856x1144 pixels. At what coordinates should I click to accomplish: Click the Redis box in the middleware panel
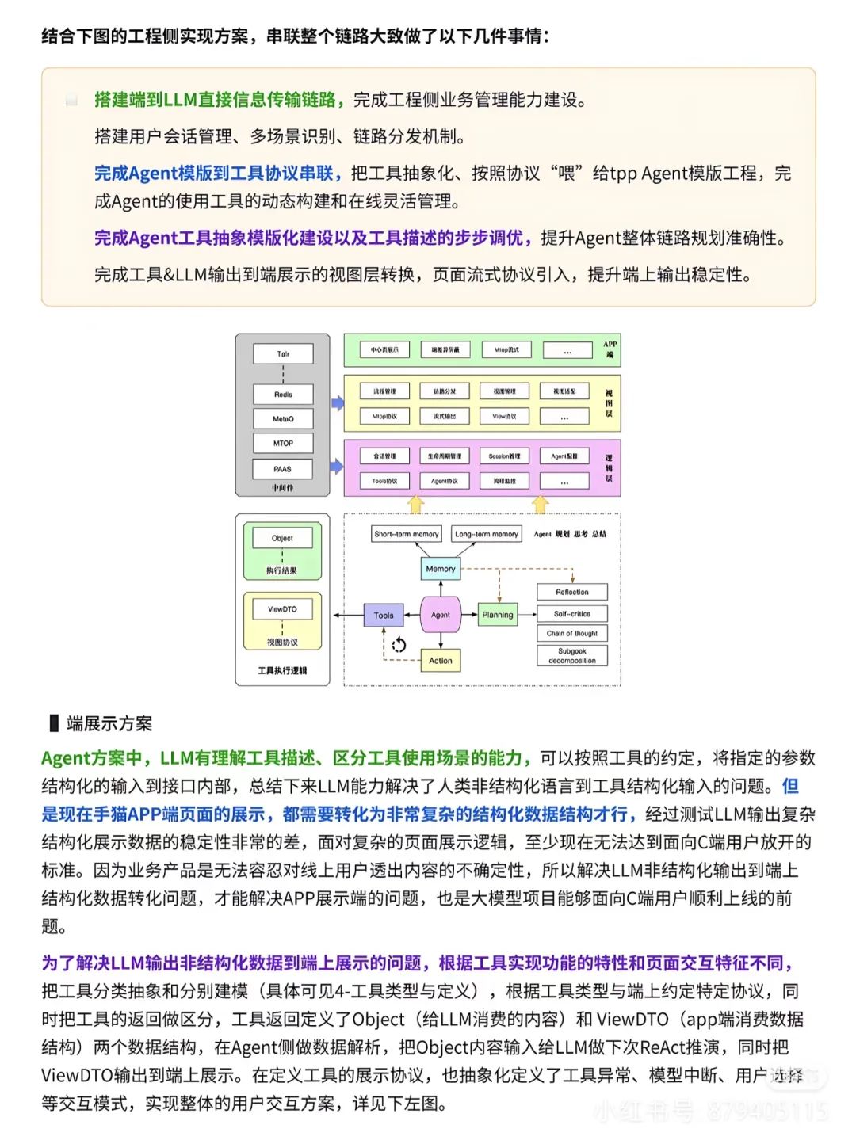pyautogui.click(x=283, y=394)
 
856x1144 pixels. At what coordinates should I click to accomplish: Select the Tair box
pyautogui.click(x=283, y=353)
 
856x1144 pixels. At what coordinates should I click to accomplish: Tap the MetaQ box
pyautogui.click(x=283, y=418)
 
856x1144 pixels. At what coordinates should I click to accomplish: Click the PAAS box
pyautogui.click(x=283, y=468)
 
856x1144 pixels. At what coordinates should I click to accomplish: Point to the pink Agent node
pyautogui.click(x=441, y=615)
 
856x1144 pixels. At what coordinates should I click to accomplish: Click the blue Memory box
pyautogui.click(x=441, y=569)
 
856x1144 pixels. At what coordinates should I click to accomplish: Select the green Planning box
pyautogui.click(x=498, y=615)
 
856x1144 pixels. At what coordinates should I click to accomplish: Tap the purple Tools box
pyautogui.click(x=384, y=615)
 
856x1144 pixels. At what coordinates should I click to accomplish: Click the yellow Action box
pyautogui.click(x=441, y=660)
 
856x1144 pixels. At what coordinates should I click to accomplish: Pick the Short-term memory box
pyautogui.click(x=407, y=534)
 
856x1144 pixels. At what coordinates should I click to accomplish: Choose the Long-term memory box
pyautogui.click(x=487, y=534)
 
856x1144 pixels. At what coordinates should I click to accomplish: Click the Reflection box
pyautogui.click(x=572, y=592)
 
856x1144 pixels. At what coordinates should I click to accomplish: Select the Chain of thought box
pyautogui.click(x=572, y=633)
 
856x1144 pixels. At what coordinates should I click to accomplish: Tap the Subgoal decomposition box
pyautogui.click(x=572, y=656)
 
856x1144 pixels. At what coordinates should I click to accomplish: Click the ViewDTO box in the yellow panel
pyautogui.click(x=282, y=609)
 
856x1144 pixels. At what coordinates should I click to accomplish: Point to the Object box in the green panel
pyautogui.click(x=282, y=538)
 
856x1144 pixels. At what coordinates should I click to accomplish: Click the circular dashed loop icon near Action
pyautogui.click(x=399, y=645)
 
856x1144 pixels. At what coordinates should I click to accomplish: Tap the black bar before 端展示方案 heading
pyautogui.click(x=54, y=723)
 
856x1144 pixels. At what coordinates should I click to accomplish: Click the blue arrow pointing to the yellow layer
pyautogui.click(x=338, y=403)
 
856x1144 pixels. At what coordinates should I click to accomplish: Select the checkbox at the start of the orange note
pyautogui.click(x=71, y=100)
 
